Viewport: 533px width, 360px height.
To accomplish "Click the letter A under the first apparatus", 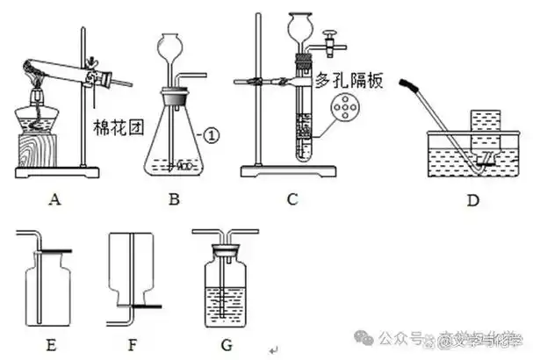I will click(x=55, y=198).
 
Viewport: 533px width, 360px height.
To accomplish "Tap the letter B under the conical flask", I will click(x=174, y=199).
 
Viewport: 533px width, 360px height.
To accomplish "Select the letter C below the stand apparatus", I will click(x=292, y=199).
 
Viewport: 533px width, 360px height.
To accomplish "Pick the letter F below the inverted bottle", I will click(x=133, y=343).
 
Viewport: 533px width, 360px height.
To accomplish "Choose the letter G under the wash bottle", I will click(x=227, y=343).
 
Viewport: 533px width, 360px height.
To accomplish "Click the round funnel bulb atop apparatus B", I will click(x=174, y=43).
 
